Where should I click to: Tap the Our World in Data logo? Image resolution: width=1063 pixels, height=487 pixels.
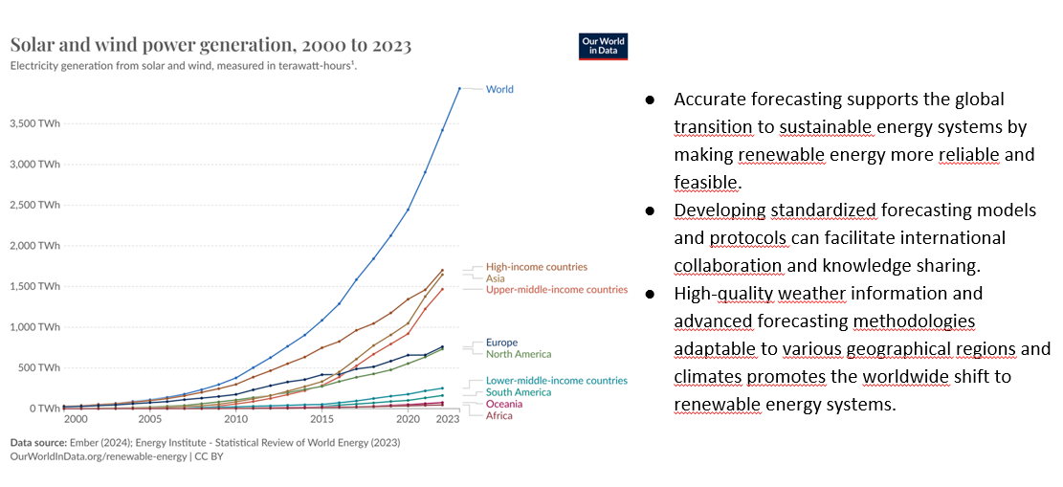coord(603,47)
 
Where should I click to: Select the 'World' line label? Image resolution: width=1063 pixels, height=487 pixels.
coord(499,89)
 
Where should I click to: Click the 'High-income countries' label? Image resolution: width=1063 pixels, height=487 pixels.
coord(536,267)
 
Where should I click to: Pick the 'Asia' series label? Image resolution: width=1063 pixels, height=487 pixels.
coord(495,278)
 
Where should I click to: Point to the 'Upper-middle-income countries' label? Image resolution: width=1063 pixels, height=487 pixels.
coord(556,289)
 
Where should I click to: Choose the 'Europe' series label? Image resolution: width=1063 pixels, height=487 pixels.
coord(501,343)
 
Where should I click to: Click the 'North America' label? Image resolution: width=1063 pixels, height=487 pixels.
coord(518,354)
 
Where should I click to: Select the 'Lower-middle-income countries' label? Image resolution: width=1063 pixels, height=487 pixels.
coord(556,381)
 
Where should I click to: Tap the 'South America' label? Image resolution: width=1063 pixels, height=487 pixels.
coord(518,392)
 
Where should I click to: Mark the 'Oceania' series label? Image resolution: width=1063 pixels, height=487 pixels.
coord(504,404)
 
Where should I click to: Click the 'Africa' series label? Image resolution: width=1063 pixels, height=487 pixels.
coord(498,415)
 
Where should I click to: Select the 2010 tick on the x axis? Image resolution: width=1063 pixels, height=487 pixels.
coord(235,419)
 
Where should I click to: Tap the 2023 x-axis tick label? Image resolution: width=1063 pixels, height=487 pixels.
coord(448,419)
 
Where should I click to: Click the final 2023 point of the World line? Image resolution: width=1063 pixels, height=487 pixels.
coord(459,88)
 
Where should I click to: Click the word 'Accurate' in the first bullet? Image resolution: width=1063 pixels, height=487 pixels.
coord(707,100)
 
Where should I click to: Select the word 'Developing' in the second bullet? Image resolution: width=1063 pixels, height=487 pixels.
coord(718,210)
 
